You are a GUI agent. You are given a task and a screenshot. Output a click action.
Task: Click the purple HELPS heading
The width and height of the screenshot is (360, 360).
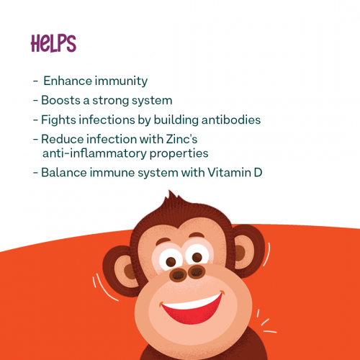pos(53,43)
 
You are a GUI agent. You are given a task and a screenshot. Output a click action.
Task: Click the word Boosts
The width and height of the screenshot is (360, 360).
pos(60,100)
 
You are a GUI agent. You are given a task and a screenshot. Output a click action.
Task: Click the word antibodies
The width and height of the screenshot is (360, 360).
pos(231,120)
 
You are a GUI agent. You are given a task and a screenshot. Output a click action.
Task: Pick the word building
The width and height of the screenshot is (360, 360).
pos(176,120)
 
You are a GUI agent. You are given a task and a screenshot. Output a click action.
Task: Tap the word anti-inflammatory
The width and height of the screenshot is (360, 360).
pos(94,153)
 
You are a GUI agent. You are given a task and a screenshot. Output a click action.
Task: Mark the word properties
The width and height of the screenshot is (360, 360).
pos(179,154)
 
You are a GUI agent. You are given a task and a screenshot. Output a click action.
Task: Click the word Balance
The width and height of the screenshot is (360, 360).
pos(64,173)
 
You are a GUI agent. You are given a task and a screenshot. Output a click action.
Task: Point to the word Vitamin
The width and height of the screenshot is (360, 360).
pos(229,173)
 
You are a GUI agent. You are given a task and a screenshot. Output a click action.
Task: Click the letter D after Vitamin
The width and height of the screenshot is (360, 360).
pos(258,173)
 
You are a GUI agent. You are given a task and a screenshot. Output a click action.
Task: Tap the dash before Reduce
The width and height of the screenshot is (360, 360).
pos(35,140)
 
